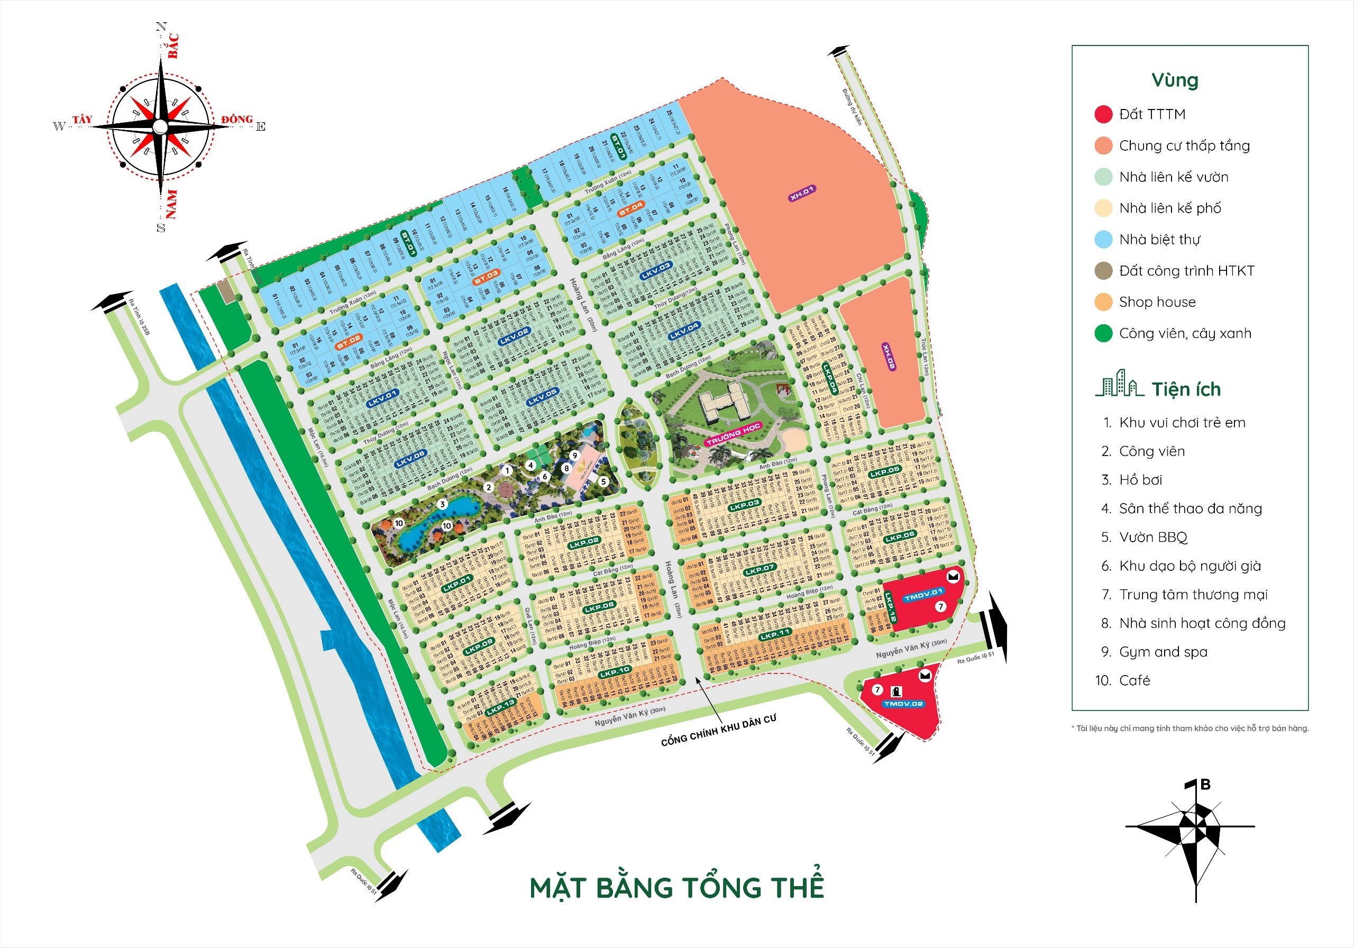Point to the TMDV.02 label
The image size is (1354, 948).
[x=903, y=703]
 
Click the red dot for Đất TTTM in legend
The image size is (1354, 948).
[x=1103, y=114]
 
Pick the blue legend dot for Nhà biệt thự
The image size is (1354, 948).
[x=1103, y=240]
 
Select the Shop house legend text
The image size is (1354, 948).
[x=1157, y=302]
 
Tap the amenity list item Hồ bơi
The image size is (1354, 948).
[x=1140, y=480]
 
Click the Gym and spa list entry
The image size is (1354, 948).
[x=1163, y=652]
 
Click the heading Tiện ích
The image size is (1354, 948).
[x=1186, y=389]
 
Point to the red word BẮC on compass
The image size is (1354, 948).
[x=173, y=46]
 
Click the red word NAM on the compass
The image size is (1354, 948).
[x=171, y=204]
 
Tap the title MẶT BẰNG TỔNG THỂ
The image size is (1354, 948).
[x=676, y=888]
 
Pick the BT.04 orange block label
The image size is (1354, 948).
[x=631, y=208]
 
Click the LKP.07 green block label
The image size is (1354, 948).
[x=760, y=570]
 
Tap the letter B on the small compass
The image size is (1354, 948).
[x=1205, y=785]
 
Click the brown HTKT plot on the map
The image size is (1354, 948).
[x=225, y=291]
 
